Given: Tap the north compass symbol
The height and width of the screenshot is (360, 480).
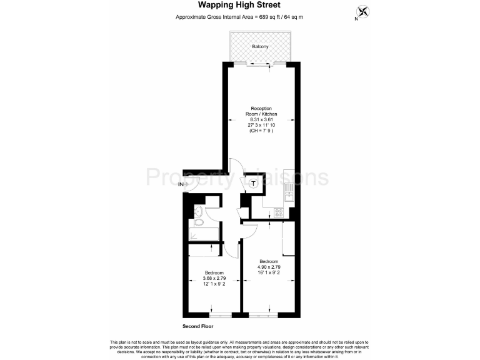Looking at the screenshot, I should (362, 12).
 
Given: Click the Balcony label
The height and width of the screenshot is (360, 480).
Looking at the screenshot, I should (261, 47).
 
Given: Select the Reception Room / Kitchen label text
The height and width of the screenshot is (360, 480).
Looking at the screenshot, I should (261, 111).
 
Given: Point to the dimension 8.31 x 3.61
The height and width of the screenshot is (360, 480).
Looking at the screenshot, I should (261, 119).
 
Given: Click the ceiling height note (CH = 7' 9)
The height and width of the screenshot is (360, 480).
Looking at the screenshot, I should (261, 131).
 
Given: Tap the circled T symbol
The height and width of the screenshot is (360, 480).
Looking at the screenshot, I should (254, 184).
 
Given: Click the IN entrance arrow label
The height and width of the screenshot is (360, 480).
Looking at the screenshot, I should (181, 185).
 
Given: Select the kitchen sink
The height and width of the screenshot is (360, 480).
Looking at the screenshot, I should (288, 190).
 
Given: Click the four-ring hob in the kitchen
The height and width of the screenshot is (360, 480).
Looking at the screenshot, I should (279, 212).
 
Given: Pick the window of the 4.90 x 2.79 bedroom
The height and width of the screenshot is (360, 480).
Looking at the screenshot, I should (262, 313).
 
